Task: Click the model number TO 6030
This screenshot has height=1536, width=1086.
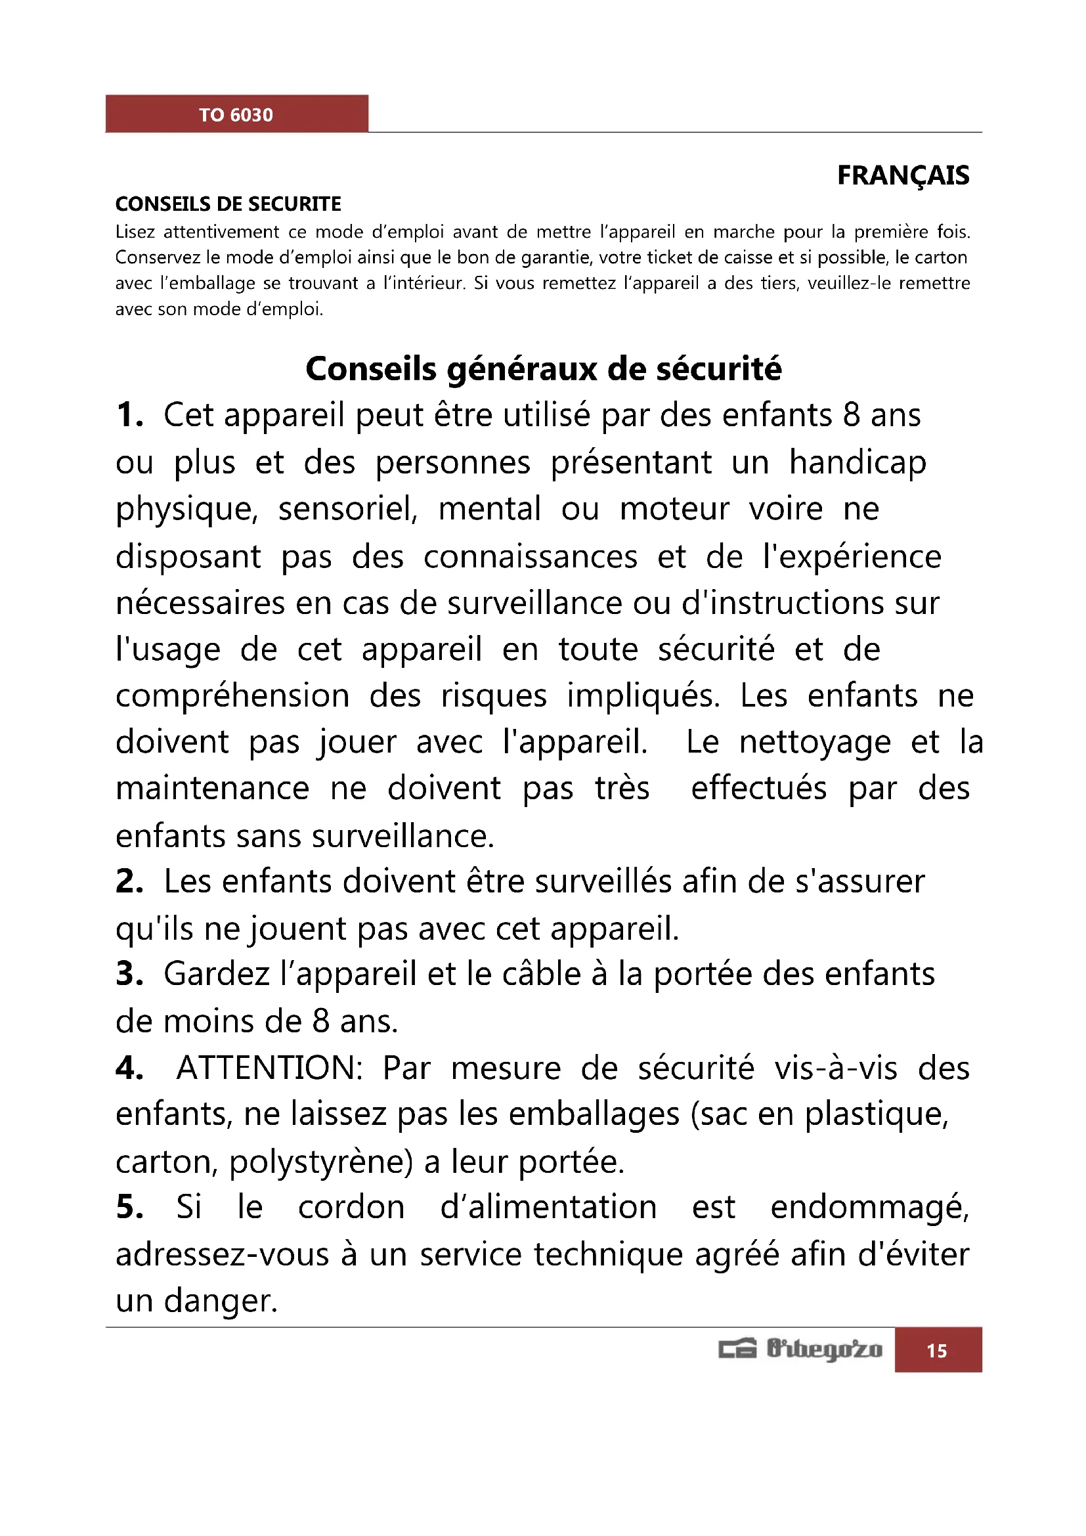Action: click(236, 115)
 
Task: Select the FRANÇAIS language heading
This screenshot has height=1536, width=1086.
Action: click(903, 175)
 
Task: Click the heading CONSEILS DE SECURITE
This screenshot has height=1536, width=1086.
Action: click(228, 204)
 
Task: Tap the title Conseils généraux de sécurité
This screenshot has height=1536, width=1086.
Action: click(543, 368)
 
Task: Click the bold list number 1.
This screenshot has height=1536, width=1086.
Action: click(129, 415)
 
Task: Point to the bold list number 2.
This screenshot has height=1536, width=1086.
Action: click(129, 881)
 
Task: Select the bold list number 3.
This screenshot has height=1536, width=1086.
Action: click(129, 974)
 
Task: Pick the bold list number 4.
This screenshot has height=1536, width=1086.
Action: click(129, 1068)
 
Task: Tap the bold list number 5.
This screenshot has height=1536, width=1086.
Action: click(129, 1208)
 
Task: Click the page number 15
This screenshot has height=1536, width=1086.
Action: click(937, 1351)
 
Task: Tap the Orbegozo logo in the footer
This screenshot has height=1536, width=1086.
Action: click(800, 1349)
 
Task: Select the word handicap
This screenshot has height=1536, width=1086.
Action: click(858, 463)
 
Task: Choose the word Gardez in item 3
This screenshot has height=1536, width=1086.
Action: click(217, 974)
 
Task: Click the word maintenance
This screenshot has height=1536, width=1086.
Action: click(212, 788)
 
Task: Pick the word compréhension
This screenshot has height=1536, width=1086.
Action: click(232, 695)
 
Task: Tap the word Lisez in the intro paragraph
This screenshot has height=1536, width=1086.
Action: click(135, 232)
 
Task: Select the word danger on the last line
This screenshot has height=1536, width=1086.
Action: click(220, 1301)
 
